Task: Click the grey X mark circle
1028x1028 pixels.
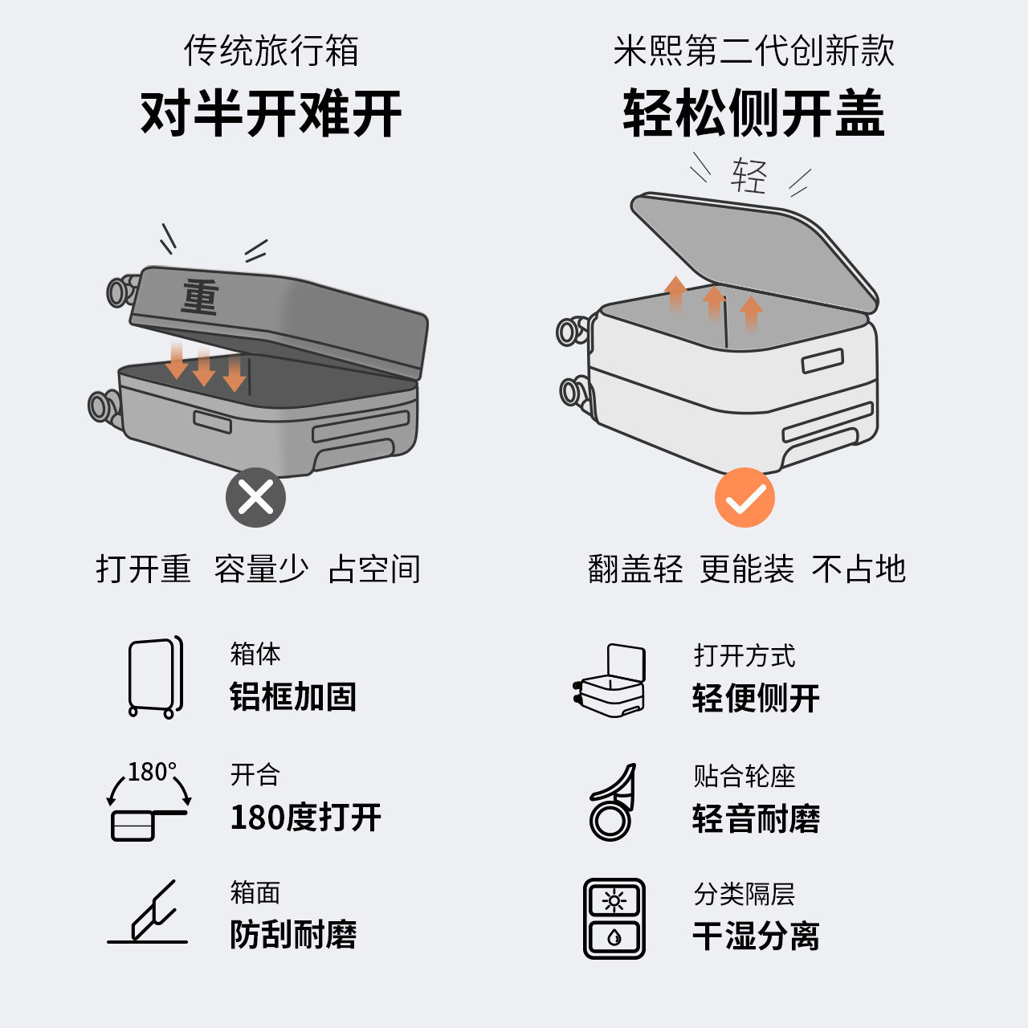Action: click(255, 498)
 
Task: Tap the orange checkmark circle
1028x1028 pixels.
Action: click(744, 498)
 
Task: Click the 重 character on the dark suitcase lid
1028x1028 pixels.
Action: click(200, 297)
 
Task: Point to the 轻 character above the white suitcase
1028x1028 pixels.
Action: click(749, 175)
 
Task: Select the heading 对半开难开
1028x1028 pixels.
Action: click(271, 113)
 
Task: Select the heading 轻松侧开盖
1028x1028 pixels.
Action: click(753, 113)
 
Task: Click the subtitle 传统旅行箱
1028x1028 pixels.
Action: click(271, 51)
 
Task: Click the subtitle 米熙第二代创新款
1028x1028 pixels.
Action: click(753, 51)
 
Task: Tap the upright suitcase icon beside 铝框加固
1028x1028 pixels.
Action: click(155, 677)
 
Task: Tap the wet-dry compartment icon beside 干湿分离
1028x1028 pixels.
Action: click(614, 919)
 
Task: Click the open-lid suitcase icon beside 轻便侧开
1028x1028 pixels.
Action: click(610, 679)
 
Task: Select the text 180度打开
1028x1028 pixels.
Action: click(306, 818)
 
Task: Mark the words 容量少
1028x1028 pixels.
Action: click(261, 569)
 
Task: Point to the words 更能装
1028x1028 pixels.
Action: click(747, 569)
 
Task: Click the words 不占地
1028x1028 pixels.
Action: click(859, 569)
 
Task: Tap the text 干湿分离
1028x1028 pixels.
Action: click(756, 936)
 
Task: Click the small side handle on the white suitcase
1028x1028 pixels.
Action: click(822, 361)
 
